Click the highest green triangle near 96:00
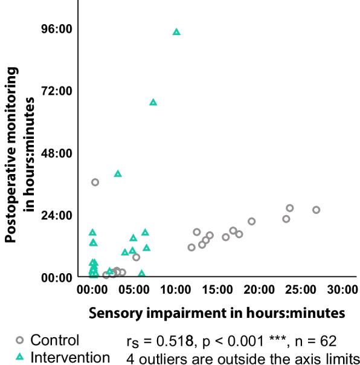[176, 32]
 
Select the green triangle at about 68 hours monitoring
[153, 102]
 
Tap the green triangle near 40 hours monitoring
[118, 173]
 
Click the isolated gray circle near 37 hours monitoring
[95, 182]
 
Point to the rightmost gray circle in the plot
[316, 210]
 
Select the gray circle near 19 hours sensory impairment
[252, 221]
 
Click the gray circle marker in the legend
[20, 340]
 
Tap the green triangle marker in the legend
[20, 357]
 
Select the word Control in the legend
[55, 340]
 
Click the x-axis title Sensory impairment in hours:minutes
[216, 314]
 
